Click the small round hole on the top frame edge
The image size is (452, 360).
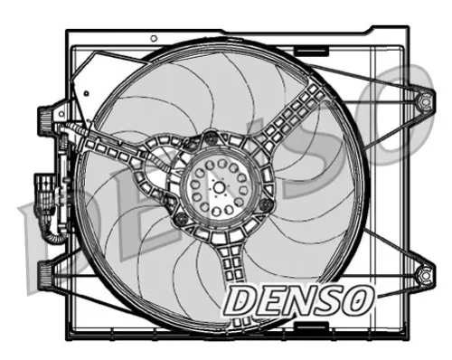tap(154, 38)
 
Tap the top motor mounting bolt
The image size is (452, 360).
tap(211, 138)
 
